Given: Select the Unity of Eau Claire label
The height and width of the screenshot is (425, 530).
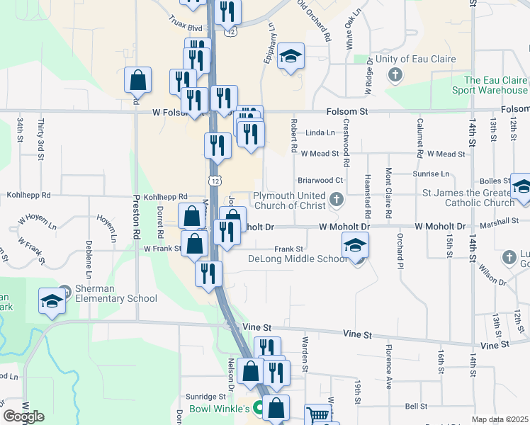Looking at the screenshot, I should [x=415, y=59].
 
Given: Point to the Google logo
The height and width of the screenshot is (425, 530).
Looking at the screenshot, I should [x=23, y=416].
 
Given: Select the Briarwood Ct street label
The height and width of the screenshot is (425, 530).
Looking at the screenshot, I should [x=320, y=181].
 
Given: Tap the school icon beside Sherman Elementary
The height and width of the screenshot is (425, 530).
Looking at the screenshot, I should [x=52, y=302].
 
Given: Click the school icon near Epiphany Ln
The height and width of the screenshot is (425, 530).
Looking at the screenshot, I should [x=290, y=57].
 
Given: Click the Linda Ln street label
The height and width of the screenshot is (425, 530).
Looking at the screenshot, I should [x=320, y=132].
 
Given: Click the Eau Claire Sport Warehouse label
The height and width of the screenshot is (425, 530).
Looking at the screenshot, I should [x=495, y=85].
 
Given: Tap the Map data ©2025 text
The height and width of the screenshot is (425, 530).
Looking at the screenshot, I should [x=500, y=420].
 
